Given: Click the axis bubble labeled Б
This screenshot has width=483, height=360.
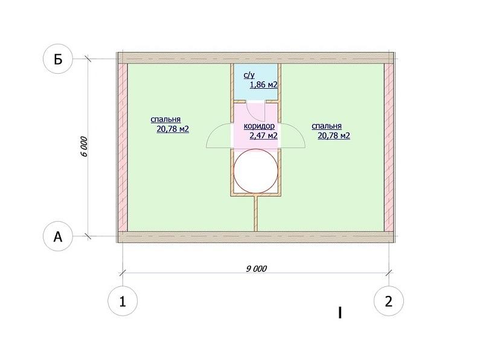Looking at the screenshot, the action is pos(58,59).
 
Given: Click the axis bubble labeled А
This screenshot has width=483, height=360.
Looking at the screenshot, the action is pos(58,237).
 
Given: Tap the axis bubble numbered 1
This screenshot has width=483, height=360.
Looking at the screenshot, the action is pos(123,301).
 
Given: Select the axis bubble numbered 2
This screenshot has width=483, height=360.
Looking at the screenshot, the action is pos(389,301).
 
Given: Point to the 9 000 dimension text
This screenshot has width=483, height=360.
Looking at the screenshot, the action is pos(256,269).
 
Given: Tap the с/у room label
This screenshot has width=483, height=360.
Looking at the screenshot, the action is pos(249,76).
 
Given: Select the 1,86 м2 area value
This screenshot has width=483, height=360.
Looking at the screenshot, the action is pos(264,85).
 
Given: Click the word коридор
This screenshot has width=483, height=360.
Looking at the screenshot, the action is pos(259,126).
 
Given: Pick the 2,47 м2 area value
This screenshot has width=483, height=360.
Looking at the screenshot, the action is pos(263,135).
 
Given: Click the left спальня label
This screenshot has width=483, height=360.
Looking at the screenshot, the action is pos(165,120).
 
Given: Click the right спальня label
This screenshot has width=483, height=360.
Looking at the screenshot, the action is pos(327,126).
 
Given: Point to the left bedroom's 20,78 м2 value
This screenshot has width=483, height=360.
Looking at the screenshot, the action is pos(173,129).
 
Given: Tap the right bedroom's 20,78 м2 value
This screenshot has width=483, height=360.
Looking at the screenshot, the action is pos(334,135).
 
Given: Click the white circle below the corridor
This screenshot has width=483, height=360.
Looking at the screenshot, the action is pos(256,172).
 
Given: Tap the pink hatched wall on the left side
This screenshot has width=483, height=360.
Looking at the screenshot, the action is pos(123,147).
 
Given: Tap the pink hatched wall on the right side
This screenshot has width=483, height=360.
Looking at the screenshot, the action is pos(389,147).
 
